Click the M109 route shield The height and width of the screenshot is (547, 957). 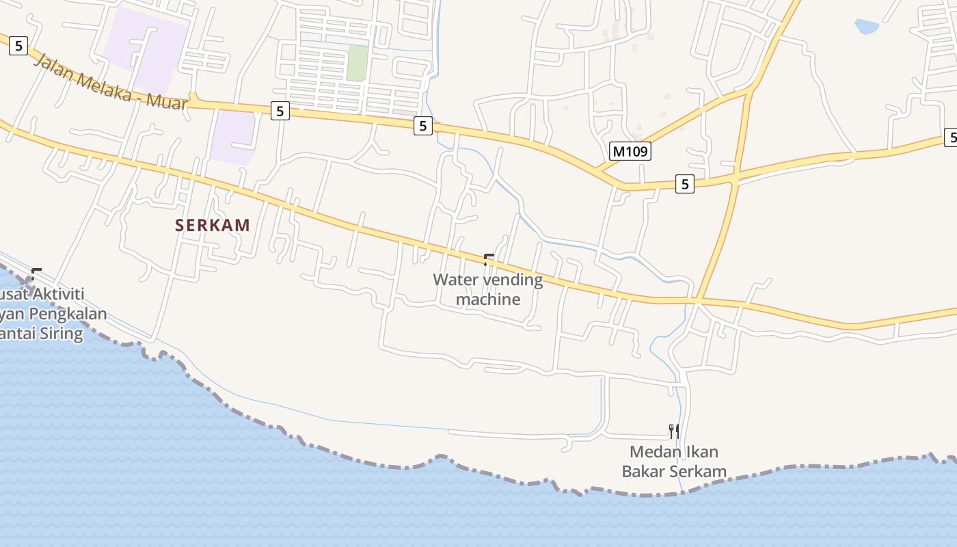pyautogui.click(x=630, y=151)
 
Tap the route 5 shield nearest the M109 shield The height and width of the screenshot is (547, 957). pyautogui.click(x=684, y=183)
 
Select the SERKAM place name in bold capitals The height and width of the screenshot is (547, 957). pyautogui.click(x=213, y=225)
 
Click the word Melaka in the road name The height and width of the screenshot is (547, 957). pyautogui.click(x=103, y=85)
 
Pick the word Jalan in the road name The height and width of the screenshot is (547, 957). pyautogui.click(x=53, y=67)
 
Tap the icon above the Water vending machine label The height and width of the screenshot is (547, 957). pyautogui.click(x=489, y=259)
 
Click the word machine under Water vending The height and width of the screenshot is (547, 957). pyautogui.click(x=488, y=299)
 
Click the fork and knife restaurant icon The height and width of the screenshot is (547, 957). pyautogui.click(x=674, y=431)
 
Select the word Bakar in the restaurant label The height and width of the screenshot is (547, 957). pyautogui.click(x=643, y=472)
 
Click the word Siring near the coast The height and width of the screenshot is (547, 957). pyautogui.click(x=61, y=334)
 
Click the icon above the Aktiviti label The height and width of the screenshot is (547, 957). pyautogui.click(x=36, y=275)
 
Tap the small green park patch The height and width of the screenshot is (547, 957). pyautogui.click(x=357, y=63)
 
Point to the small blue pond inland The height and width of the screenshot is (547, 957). pyautogui.click(x=866, y=27)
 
